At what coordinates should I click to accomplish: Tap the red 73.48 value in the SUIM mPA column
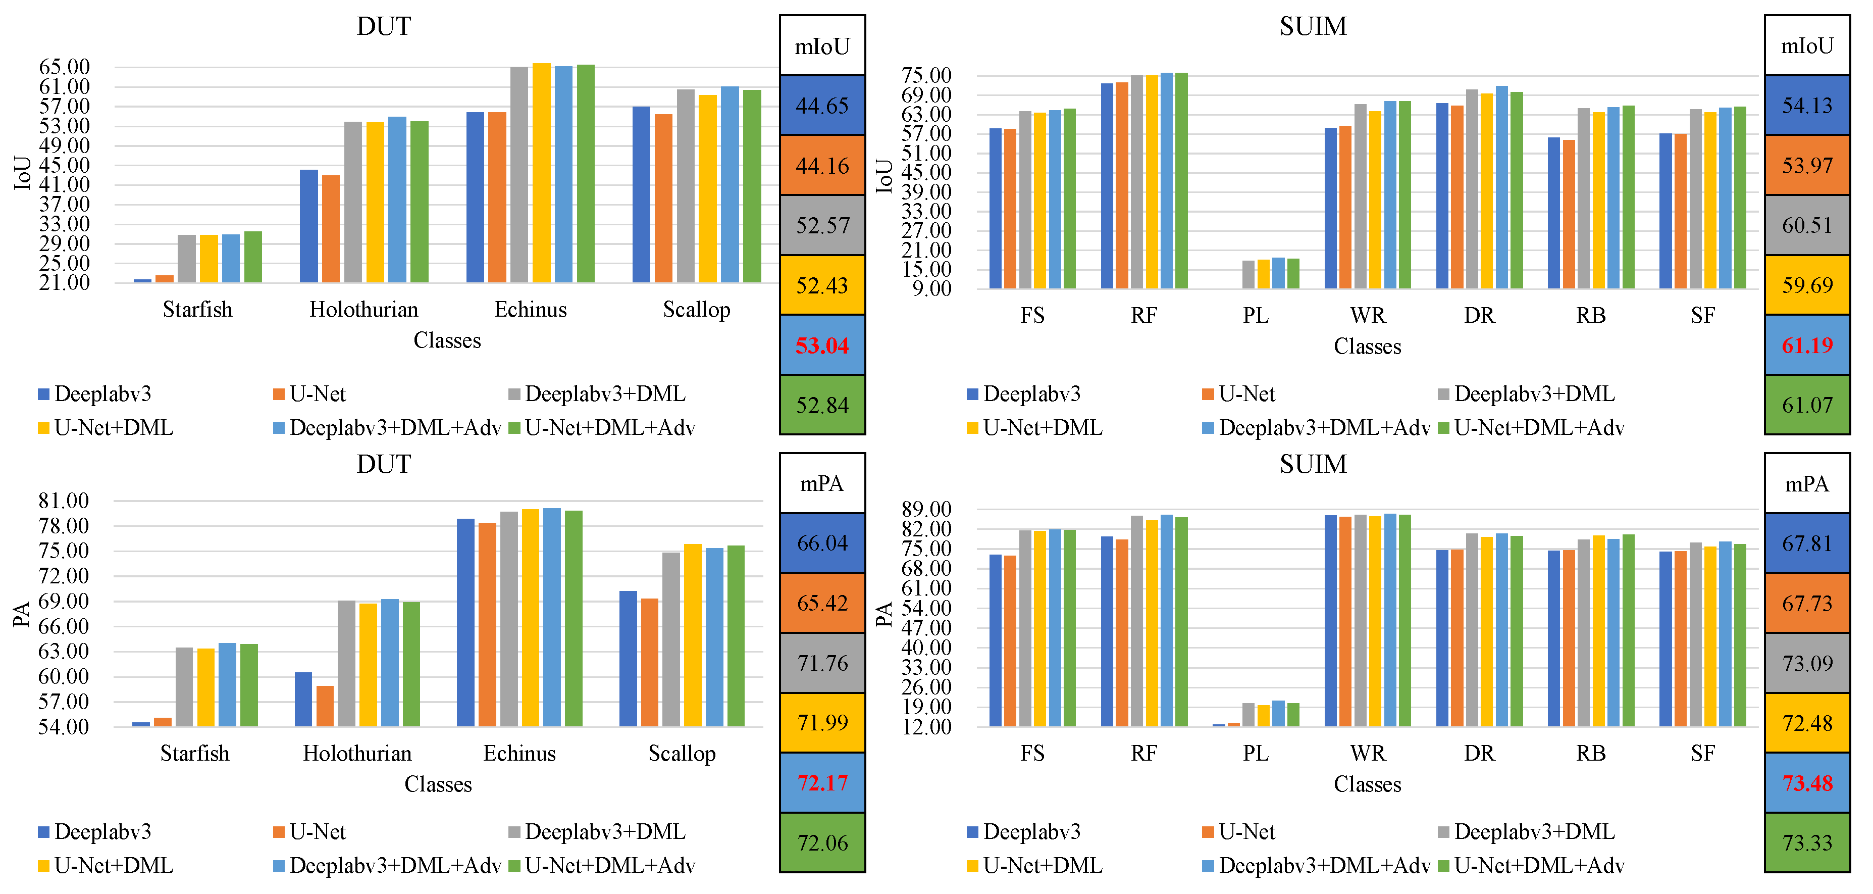tap(1807, 783)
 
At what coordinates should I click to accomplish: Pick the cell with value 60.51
tap(1807, 225)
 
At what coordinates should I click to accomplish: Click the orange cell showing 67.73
tap(1807, 604)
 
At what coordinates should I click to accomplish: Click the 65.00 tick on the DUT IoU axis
tap(64, 67)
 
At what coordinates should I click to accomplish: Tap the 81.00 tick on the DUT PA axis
tap(64, 501)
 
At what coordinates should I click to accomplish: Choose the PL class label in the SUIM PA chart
tap(1255, 754)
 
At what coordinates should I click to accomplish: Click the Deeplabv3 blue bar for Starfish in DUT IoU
tap(142, 281)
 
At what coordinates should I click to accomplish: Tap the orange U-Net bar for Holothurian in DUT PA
tap(325, 706)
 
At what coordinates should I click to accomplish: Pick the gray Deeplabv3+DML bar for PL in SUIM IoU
tap(1248, 275)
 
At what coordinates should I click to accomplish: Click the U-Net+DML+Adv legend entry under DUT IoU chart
tap(609, 428)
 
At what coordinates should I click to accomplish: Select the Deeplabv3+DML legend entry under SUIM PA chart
tap(1534, 831)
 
